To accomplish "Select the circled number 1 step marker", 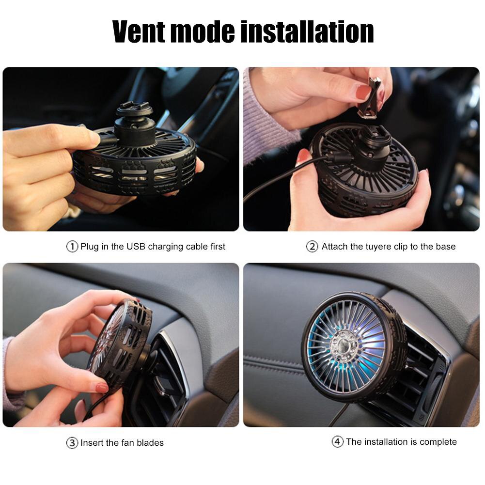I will tap(72, 247).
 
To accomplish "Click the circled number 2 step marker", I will tap(312, 247).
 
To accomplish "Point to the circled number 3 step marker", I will tap(72, 443).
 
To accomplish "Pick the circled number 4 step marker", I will tap(337, 442).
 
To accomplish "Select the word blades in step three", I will tap(150, 443).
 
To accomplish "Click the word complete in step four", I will tap(438, 442).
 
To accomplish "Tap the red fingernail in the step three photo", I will tap(102, 388).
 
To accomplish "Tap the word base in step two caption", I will tap(445, 247).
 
